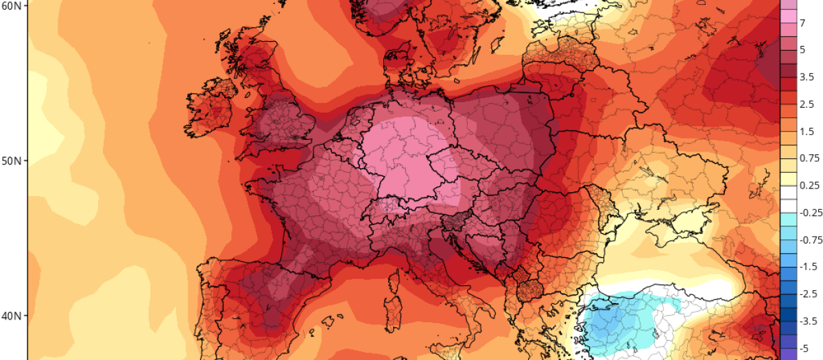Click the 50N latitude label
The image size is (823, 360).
(x=12, y=160)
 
